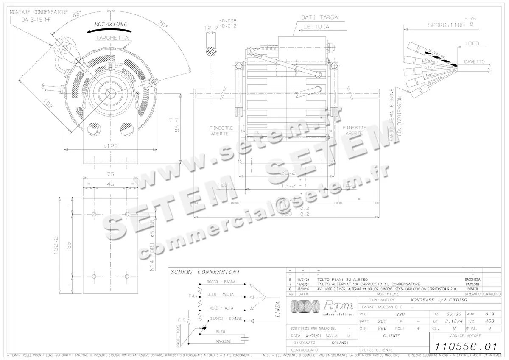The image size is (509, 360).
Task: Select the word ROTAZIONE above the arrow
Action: [x=111, y=24]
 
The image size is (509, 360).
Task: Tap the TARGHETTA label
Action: [x=112, y=38]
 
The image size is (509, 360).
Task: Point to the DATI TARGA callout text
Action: [x=319, y=17]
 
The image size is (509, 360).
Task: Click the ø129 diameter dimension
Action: [x=111, y=146]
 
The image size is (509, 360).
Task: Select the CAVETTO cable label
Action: [x=474, y=61]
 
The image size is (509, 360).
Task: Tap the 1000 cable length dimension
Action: [x=471, y=43]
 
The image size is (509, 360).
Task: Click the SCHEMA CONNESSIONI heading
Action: [x=205, y=272]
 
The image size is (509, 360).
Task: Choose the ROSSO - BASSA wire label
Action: [x=221, y=282]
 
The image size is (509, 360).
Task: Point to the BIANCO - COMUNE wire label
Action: [x=226, y=318]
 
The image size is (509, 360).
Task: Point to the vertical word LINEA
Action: [x=277, y=310]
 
